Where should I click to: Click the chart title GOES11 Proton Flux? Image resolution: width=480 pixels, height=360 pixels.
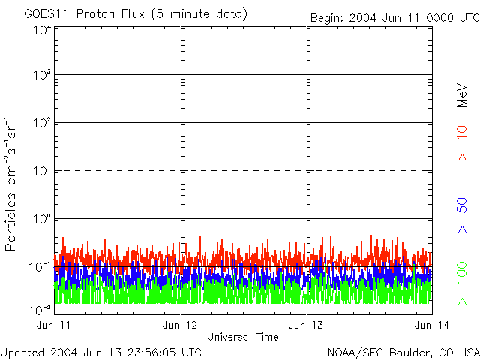[x=84, y=14]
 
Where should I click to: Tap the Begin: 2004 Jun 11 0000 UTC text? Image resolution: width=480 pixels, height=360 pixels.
[x=395, y=18]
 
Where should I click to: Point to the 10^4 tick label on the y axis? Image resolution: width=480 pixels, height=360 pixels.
[x=42, y=31]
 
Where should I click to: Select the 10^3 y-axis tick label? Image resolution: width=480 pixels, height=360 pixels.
[x=42, y=75]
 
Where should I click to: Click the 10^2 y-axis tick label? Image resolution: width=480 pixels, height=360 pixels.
[x=42, y=123]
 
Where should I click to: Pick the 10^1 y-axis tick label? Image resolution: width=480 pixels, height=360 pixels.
[x=42, y=171]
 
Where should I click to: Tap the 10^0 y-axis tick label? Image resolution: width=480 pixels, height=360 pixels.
[x=42, y=219]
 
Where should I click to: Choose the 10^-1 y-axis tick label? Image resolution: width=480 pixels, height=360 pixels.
[x=40, y=267]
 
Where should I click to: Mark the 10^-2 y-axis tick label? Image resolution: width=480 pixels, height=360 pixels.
[x=40, y=310]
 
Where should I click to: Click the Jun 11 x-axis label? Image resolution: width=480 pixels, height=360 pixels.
[x=53, y=325]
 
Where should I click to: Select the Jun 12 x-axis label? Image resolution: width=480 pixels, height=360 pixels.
[x=180, y=325]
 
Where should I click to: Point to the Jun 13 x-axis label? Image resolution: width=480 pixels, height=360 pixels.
[x=306, y=325]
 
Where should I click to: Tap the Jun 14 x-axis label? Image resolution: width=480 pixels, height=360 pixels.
[x=432, y=325]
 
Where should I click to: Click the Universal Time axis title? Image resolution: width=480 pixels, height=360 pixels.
[x=243, y=337]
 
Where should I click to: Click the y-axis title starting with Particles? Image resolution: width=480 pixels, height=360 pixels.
[x=10, y=184]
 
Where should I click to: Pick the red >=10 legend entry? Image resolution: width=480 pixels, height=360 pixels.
[x=462, y=143]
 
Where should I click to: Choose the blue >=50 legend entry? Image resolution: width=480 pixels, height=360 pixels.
[x=462, y=215]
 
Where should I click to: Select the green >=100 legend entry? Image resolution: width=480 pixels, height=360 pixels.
[x=462, y=283]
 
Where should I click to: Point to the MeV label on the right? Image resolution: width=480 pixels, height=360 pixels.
[x=462, y=95]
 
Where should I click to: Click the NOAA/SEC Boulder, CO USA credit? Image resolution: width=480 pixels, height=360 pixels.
[x=403, y=352]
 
